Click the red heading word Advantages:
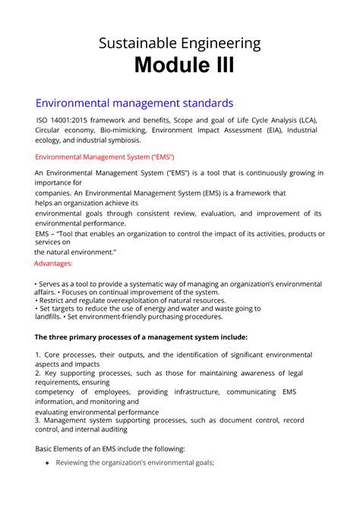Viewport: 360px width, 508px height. coord(54,263)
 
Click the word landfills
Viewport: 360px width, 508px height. coord(51,317)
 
